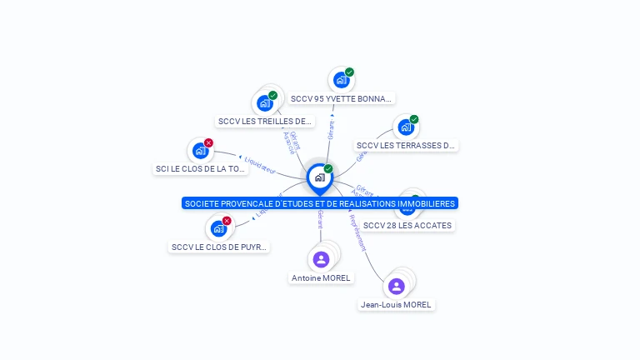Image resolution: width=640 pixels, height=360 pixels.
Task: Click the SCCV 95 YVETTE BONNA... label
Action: tap(341, 98)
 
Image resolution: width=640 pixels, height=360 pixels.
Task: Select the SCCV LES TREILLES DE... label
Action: tap(265, 121)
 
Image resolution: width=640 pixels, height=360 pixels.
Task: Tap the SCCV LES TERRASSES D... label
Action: tap(406, 145)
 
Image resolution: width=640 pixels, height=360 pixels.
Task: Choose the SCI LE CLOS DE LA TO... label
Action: tap(201, 168)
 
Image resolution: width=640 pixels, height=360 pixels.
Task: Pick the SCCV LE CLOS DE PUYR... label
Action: tap(220, 247)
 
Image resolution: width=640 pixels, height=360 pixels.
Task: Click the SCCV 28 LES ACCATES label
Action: tap(408, 225)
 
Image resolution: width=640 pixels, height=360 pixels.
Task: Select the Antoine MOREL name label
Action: tap(321, 277)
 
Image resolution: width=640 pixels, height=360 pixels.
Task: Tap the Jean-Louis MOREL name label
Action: tap(396, 304)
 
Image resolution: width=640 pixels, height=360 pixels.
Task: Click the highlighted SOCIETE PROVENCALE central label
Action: tap(319, 203)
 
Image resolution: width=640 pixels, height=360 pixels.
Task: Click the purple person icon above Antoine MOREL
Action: tap(321, 259)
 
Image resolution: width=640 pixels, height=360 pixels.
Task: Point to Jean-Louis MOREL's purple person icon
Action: tap(397, 286)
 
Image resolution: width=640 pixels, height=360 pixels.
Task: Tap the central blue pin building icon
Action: tap(319, 177)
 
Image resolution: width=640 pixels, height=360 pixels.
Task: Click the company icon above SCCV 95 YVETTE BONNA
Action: tap(340, 80)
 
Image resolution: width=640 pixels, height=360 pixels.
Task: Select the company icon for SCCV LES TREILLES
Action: tap(264, 103)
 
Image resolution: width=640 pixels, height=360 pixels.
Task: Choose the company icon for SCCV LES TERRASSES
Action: tap(406, 127)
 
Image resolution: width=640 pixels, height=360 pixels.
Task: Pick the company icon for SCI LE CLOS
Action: tap(199, 151)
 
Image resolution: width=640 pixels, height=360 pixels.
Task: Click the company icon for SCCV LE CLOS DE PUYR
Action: tap(218, 228)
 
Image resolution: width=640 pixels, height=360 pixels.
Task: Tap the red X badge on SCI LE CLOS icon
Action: tap(208, 142)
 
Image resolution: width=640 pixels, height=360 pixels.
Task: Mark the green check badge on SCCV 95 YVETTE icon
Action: tap(349, 72)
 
